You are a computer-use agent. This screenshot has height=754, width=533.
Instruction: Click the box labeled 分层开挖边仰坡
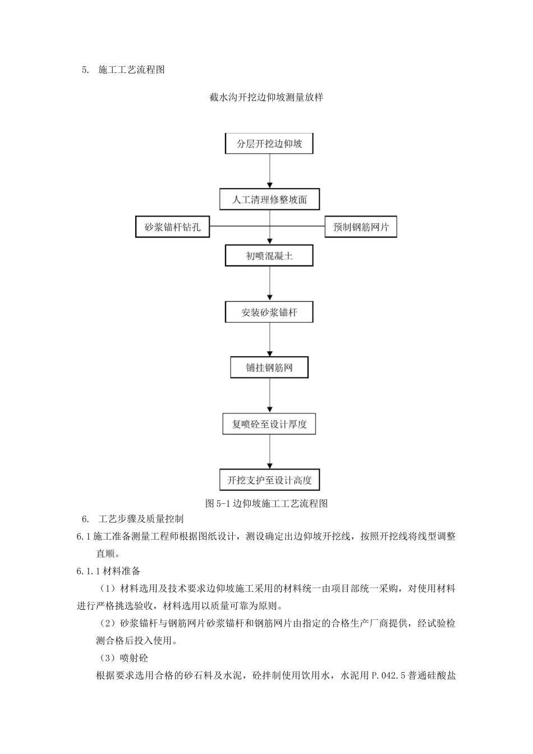269,144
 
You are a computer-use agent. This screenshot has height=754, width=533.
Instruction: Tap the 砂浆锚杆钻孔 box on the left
172,227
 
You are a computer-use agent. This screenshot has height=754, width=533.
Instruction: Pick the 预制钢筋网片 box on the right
361,227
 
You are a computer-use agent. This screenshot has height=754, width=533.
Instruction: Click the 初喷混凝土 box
269,256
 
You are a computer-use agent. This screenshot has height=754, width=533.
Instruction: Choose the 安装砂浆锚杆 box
269,312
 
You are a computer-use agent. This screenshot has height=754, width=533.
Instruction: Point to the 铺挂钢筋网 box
269,368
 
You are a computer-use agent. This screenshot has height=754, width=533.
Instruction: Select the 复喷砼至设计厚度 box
269,424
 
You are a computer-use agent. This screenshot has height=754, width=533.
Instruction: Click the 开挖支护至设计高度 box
269,480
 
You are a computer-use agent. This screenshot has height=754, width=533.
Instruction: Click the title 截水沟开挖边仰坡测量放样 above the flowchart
266,97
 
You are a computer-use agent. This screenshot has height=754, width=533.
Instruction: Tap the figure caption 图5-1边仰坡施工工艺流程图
266,503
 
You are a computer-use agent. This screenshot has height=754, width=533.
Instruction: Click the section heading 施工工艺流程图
131,70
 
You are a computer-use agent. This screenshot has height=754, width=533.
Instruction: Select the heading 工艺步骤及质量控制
141,519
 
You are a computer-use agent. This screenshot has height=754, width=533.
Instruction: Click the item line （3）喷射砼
124,658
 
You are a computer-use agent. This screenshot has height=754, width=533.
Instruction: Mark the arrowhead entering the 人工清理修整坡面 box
270,185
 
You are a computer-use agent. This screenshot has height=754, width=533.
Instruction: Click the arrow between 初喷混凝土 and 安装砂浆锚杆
270,284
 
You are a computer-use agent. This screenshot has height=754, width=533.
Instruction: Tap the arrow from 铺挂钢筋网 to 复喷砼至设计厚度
270,396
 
